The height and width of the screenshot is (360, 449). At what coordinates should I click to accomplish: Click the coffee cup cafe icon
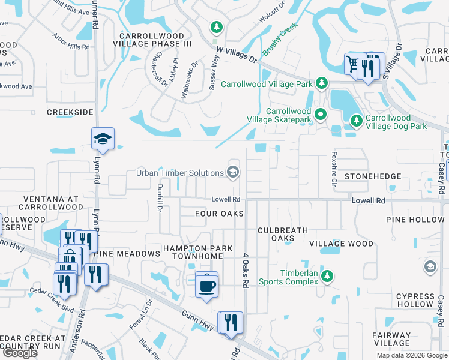207,284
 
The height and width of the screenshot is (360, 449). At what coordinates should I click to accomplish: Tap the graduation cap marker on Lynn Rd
102,139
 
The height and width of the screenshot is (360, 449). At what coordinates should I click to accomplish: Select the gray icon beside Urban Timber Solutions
232,173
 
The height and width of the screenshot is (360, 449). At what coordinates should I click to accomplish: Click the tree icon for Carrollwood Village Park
322,83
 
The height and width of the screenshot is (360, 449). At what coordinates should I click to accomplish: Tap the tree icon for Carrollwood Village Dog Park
356,121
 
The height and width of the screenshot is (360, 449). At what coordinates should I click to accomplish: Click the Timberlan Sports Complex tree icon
327,276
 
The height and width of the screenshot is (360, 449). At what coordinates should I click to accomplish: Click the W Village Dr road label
237,55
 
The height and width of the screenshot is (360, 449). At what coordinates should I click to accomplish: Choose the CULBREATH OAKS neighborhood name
283,234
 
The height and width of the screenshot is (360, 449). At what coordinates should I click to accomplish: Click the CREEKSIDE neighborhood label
70,112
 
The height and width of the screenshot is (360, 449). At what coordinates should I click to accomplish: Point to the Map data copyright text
411,355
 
